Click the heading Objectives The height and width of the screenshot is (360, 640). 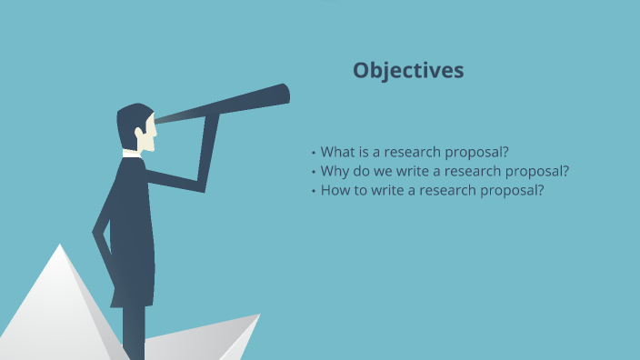408,70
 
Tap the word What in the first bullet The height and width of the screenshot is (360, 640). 338,152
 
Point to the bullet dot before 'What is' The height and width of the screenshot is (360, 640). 313,153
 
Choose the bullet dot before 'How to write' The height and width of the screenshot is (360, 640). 313,192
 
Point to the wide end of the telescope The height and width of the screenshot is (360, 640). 283,94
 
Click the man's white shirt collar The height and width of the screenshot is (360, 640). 133,154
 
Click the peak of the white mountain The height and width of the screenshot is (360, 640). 60,248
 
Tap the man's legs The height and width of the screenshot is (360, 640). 134,327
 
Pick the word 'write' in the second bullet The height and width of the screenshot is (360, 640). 415,171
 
